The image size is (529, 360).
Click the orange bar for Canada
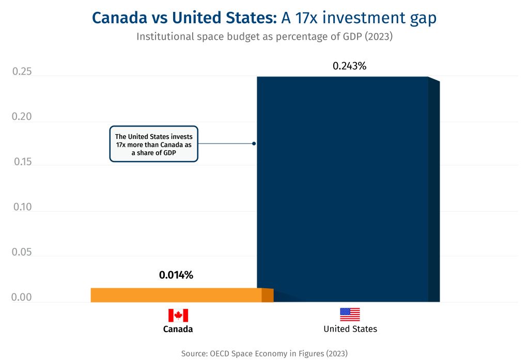click(176, 295)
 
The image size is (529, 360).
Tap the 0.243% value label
click(349, 66)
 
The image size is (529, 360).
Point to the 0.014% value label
click(176, 275)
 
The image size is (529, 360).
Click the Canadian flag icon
click(178, 316)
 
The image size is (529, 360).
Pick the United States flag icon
click(350, 315)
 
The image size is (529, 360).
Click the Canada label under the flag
click(178, 329)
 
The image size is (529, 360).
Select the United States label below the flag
click(350, 329)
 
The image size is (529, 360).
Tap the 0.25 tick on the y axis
click(22, 72)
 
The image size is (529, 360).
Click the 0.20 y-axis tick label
click(22, 117)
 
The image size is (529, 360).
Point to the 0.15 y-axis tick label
click(22, 162)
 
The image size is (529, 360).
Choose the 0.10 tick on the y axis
click(22, 208)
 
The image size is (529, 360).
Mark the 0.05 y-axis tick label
click(22, 253)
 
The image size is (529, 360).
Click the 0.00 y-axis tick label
click(22, 298)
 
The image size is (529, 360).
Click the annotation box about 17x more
click(153, 144)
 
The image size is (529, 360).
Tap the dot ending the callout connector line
click(254, 144)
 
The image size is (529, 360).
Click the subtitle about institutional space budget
click(264, 37)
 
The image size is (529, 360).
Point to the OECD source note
click(264, 354)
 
